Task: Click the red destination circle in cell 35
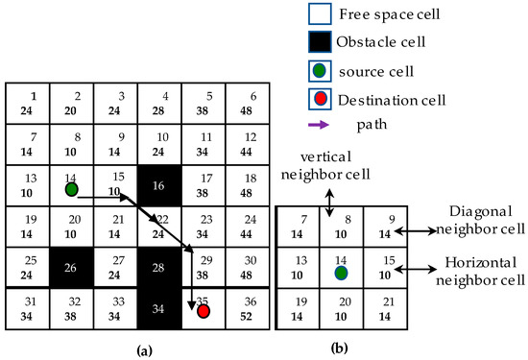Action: [204, 312]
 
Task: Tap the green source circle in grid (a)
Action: [71, 189]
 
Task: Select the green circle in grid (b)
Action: [341, 273]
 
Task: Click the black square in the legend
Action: [321, 42]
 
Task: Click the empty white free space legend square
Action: [321, 13]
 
